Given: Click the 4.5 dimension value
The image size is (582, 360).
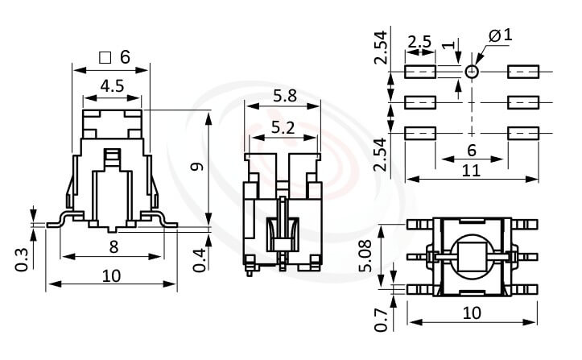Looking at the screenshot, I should coord(112,85).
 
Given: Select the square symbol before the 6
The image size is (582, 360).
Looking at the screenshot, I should coord(104,57).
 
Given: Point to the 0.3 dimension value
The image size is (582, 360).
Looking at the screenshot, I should coord(22,258).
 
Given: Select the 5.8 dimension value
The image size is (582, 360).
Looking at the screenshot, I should coord(284,96).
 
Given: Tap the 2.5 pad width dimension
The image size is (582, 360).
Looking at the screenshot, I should coord(419,41).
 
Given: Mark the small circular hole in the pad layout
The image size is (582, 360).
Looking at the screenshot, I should coord(472,72).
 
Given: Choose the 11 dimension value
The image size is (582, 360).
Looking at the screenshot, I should coord(470,170).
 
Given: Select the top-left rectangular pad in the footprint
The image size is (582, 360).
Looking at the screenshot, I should coord(419,72).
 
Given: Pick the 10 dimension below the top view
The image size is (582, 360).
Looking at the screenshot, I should coord(470,312).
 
